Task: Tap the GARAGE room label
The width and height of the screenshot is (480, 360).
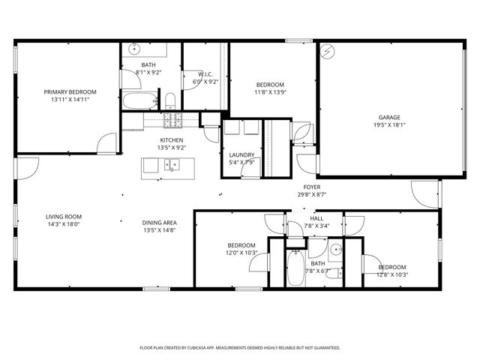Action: point(388,117)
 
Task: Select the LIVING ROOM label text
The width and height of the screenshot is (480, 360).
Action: point(63,216)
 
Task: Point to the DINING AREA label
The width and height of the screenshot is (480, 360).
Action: point(159,223)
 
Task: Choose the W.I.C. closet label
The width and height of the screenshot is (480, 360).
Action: point(205,73)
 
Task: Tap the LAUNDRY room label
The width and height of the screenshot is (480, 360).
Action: point(241,154)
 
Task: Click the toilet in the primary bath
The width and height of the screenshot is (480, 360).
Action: point(170,100)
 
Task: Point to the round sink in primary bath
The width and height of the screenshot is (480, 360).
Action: point(134,49)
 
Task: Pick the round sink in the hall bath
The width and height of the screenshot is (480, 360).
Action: point(336,249)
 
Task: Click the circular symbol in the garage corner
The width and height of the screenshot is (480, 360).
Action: point(327,51)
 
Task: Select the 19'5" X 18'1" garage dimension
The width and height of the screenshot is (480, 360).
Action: point(388,126)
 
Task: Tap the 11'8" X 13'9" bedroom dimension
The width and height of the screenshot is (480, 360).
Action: point(269,92)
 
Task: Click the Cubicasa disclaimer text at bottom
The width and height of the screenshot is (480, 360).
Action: point(240,348)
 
